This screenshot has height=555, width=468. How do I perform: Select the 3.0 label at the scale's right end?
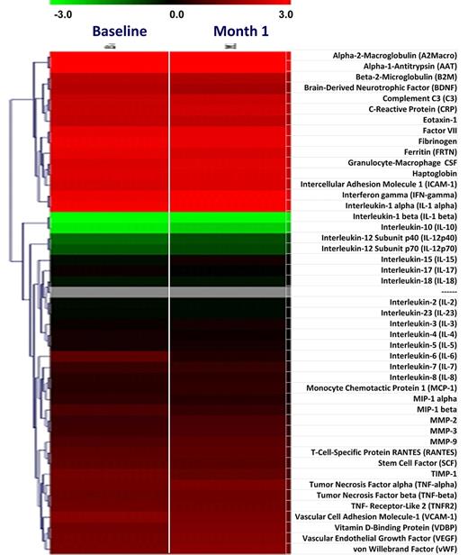coord(284,15)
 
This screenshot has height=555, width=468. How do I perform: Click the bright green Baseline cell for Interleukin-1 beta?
coord(108,217)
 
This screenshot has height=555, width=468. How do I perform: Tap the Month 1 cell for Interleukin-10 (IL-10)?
coord(227,228)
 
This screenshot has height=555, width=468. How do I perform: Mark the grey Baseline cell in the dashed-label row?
coord(108,292)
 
